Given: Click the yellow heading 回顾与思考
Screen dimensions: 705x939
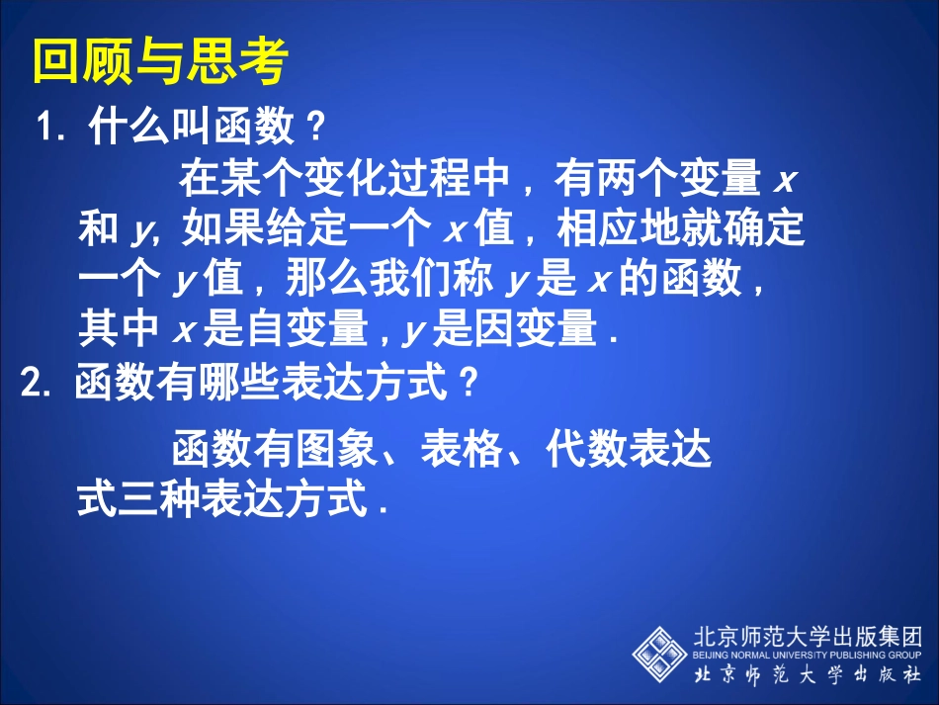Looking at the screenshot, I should pos(160,62).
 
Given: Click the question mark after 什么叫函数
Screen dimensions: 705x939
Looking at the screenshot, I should pos(313,128).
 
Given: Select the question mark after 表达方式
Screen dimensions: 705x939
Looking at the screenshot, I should pos(469,385).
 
